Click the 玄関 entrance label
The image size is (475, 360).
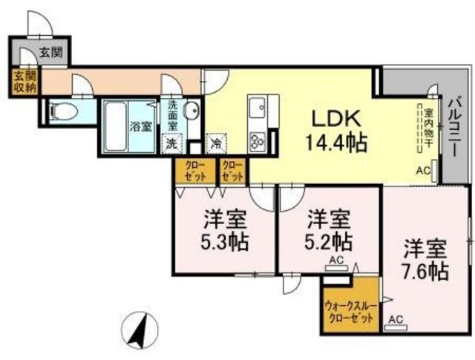click(50, 53)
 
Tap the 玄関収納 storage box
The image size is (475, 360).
click(24, 82)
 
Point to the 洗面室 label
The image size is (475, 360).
click(172, 115)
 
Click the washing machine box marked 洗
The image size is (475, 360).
click(172, 143)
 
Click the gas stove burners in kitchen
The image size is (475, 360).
click(258, 140)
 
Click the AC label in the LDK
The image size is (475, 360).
click(422, 171)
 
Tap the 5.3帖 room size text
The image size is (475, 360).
click(225, 242)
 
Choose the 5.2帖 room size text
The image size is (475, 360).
click(329, 240)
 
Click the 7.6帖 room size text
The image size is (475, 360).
click(425, 270)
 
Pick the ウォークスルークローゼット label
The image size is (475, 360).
click(353, 312)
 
